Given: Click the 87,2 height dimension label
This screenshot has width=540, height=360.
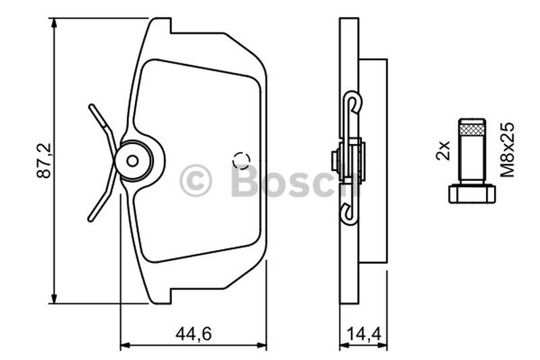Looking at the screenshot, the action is pyautogui.click(x=44, y=160).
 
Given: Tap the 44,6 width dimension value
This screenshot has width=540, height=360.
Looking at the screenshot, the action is pyautogui.click(x=193, y=334).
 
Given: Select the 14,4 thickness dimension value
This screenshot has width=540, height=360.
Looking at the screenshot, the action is pyautogui.click(x=364, y=334).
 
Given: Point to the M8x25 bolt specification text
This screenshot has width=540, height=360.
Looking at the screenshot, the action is pyautogui.click(x=508, y=150).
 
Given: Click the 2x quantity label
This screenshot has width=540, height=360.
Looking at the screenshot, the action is pyautogui.click(x=443, y=150).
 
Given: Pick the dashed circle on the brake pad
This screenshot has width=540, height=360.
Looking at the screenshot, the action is pyautogui.click(x=241, y=161).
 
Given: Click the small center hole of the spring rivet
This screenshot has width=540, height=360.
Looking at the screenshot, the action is pyautogui.click(x=132, y=161).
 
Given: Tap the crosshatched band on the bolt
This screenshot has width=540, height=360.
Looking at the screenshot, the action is pyautogui.click(x=472, y=130).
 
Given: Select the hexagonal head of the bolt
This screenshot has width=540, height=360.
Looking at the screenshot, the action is pyautogui.click(x=472, y=194).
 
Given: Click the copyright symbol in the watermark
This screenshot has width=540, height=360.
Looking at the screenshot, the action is pyautogui.click(x=196, y=180).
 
